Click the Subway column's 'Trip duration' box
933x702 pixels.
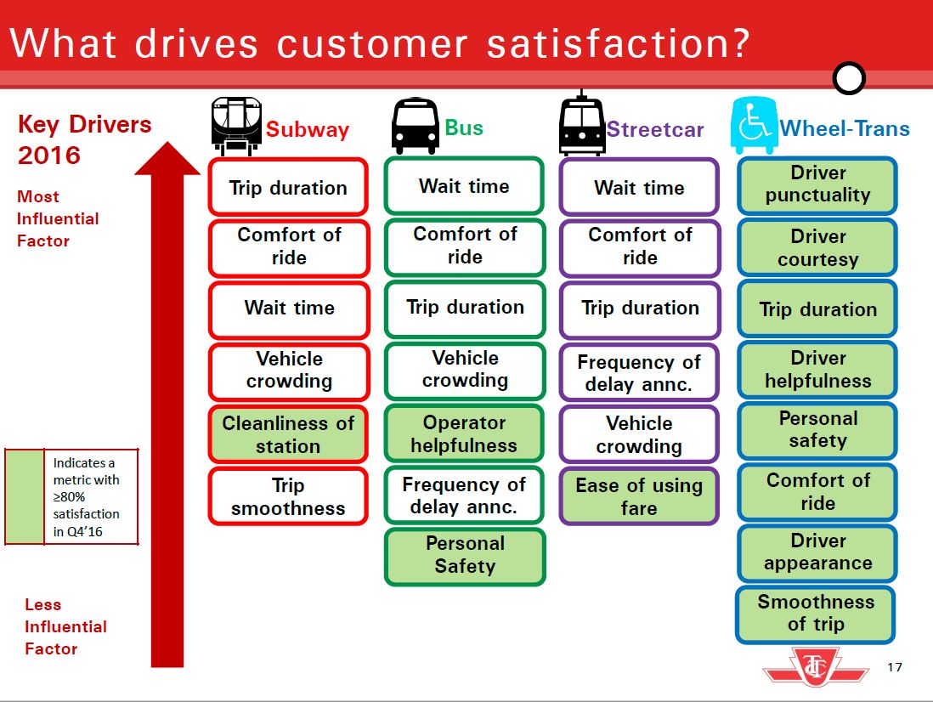point(288,188)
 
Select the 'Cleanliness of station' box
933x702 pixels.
point(288,433)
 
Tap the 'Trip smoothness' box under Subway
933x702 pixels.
point(288,496)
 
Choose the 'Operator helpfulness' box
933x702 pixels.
point(464,433)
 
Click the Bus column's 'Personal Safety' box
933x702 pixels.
point(464,555)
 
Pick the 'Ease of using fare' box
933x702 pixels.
point(639,496)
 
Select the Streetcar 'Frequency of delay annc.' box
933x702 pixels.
point(639,372)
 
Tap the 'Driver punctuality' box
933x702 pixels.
point(817,184)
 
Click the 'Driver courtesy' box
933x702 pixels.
point(817,247)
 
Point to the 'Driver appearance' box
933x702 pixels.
point(817,552)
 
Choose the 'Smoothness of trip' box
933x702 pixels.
point(816,613)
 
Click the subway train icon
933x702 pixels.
point(235,127)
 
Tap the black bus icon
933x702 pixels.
point(415,127)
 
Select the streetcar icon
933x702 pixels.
point(582,127)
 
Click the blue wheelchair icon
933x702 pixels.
point(754,127)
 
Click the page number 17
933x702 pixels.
point(894,667)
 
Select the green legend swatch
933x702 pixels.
point(24,496)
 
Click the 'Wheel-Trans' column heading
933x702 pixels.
point(844,129)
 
